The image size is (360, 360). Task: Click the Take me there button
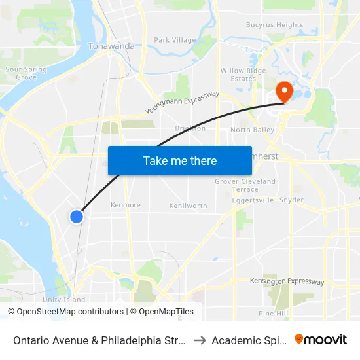click(180, 160)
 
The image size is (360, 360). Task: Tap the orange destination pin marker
click(285, 91)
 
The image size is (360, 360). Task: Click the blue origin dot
click(77, 215)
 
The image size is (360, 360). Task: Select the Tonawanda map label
click(111, 46)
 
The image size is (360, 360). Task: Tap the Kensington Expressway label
click(287, 282)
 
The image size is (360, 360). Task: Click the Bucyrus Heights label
click(274, 26)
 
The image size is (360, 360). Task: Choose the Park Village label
click(175, 40)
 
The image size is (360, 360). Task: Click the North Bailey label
click(252, 130)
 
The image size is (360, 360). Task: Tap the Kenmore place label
click(126, 205)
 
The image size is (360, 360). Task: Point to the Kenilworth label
click(188, 206)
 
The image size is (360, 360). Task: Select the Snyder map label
click(291, 200)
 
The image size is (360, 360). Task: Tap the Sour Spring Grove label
click(26, 73)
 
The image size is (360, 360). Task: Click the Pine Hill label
click(273, 314)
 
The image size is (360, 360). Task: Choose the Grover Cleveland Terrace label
click(245, 185)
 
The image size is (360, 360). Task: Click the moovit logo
click(321, 339)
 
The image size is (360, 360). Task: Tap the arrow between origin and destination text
click(199, 340)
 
